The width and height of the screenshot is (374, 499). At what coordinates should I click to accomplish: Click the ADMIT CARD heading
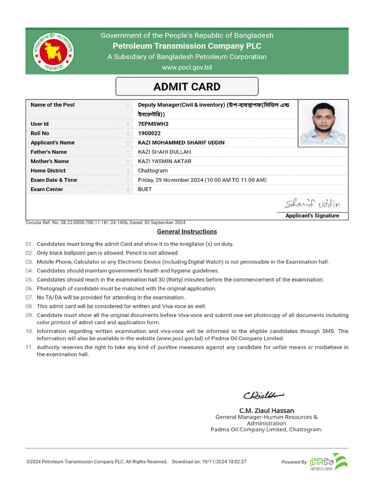point(187,87)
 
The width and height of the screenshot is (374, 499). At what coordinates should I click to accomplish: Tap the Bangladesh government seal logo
point(51,51)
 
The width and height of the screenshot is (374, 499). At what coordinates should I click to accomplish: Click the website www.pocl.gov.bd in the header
point(187,67)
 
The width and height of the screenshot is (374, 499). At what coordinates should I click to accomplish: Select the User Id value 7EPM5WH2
point(153,124)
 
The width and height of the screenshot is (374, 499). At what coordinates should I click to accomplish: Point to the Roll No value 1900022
point(149,133)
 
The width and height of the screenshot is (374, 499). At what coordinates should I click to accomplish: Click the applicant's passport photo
point(323,123)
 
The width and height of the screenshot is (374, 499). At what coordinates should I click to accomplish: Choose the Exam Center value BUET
point(145,189)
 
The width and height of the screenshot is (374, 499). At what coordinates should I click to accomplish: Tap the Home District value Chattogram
point(153,171)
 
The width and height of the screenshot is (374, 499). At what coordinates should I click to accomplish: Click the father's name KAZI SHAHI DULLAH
point(164,152)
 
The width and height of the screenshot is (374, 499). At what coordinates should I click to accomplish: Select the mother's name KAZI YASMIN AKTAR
point(165,161)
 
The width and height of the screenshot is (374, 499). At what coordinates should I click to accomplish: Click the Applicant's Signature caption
point(312,216)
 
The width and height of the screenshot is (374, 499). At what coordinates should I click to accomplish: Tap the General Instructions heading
point(187,231)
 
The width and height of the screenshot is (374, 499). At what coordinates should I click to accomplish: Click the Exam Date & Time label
point(54,180)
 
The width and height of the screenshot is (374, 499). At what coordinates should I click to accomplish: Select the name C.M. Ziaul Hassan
point(266,410)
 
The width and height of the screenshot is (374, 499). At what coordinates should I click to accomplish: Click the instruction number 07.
point(29,297)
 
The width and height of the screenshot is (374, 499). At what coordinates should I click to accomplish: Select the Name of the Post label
point(53,105)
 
